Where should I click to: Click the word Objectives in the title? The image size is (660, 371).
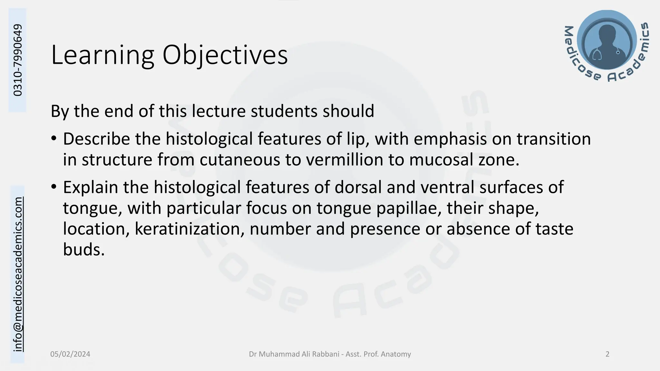click(x=225, y=55)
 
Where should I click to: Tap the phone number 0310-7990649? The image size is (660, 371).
click(x=18, y=60)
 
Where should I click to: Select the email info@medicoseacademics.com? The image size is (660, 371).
click(x=18, y=274)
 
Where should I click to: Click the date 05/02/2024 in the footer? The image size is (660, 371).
click(x=70, y=354)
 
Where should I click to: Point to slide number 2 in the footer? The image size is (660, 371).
click(x=607, y=354)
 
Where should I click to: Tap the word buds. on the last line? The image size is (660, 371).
click(x=84, y=250)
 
